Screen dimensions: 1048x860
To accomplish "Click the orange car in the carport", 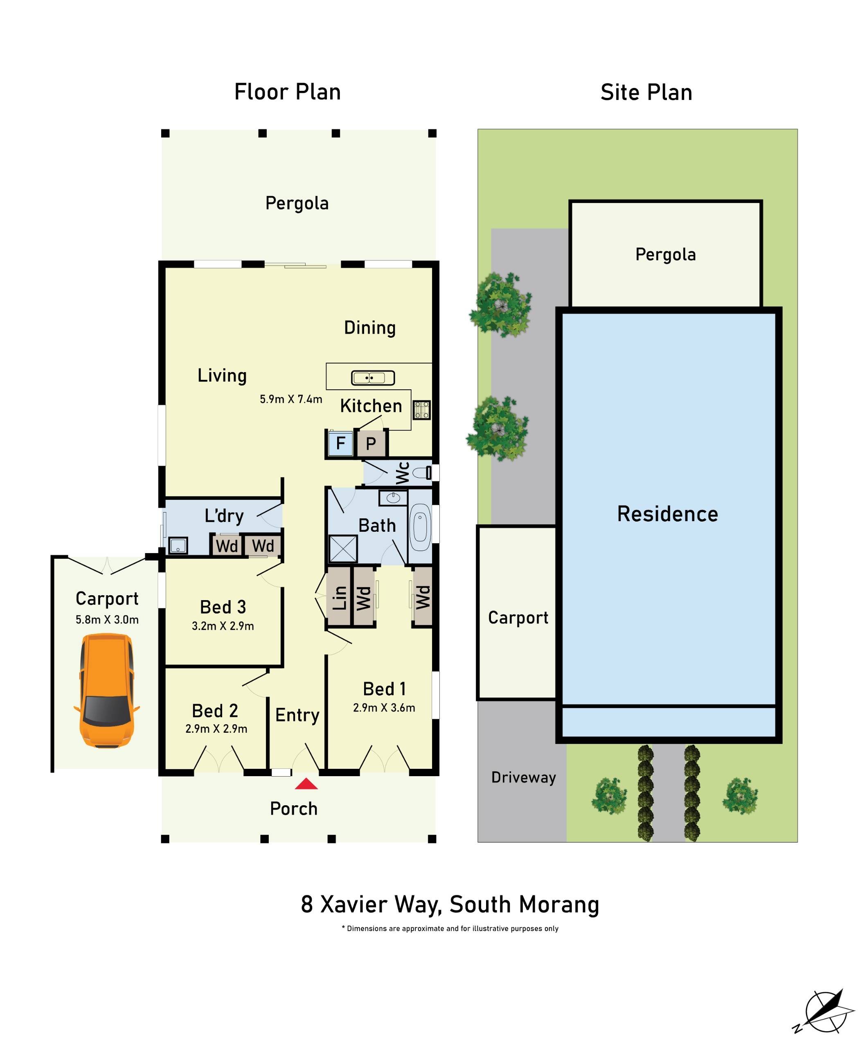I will click(106, 691).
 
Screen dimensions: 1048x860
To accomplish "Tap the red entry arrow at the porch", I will click(306, 784).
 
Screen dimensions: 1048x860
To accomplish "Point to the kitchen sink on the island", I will click(373, 378).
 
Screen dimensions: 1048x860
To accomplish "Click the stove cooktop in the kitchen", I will click(421, 410).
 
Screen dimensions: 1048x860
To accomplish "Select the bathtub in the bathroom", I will click(420, 527).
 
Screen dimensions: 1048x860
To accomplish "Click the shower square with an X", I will click(343, 549).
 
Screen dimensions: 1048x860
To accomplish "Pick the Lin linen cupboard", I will click(339, 597).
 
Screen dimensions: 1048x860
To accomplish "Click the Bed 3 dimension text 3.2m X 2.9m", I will click(223, 626).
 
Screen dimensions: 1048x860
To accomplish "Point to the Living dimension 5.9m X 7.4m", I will click(291, 399).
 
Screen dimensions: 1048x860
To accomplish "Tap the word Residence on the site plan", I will click(667, 514).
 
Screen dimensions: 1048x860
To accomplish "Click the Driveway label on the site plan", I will click(523, 777).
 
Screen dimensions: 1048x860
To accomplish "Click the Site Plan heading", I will click(646, 93).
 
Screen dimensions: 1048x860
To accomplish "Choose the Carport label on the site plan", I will click(518, 618).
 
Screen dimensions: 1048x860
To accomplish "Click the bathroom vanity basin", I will click(393, 498).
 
